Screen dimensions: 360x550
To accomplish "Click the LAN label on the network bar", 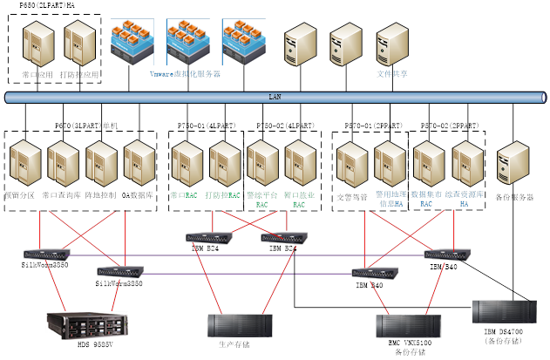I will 275,97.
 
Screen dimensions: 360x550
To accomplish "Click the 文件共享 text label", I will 392,74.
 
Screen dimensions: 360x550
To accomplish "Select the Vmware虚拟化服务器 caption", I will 185,74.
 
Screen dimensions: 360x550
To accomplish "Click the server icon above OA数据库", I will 137,166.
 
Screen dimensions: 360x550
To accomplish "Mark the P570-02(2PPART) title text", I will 449,126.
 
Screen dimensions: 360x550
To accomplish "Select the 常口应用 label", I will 36,75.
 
